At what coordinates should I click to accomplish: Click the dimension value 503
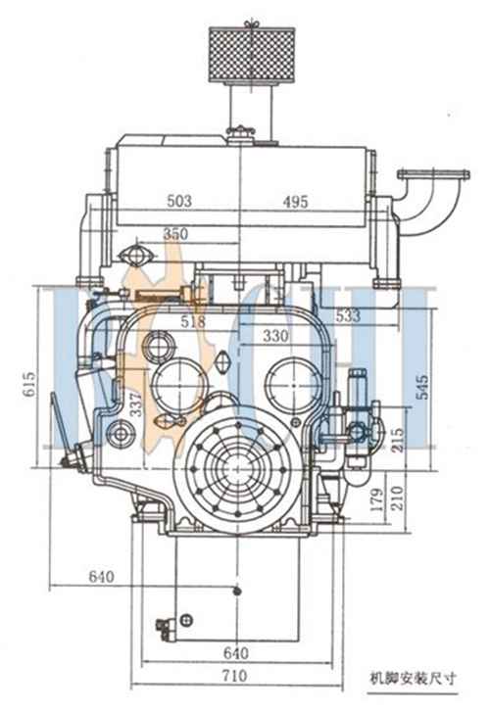[179, 201]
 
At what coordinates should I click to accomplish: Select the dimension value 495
[295, 202]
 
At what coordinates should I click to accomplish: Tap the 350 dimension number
[175, 233]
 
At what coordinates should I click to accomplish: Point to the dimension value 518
[193, 321]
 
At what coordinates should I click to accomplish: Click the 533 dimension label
[348, 315]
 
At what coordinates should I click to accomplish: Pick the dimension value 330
[275, 336]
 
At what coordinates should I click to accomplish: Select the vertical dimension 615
[29, 384]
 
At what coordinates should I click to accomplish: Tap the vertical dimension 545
[422, 387]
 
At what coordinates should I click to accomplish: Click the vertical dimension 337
[135, 404]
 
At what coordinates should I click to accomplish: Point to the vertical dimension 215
[397, 440]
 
